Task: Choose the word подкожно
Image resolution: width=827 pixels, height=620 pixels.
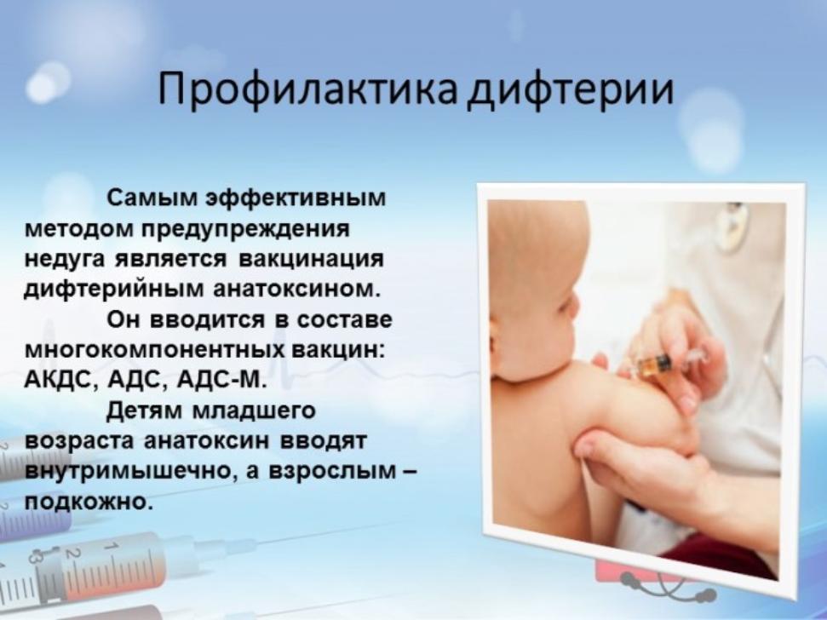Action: coord(88,501)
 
